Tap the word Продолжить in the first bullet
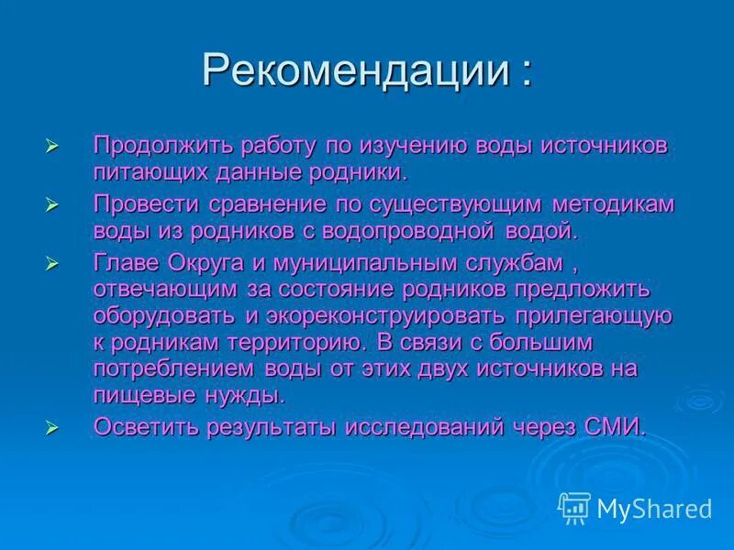click(162, 146)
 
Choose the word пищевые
click(139, 395)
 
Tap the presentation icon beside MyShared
click(573, 507)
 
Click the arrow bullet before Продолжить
click(52, 147)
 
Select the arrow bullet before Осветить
click(52, 427)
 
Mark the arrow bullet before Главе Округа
click(52, 263)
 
